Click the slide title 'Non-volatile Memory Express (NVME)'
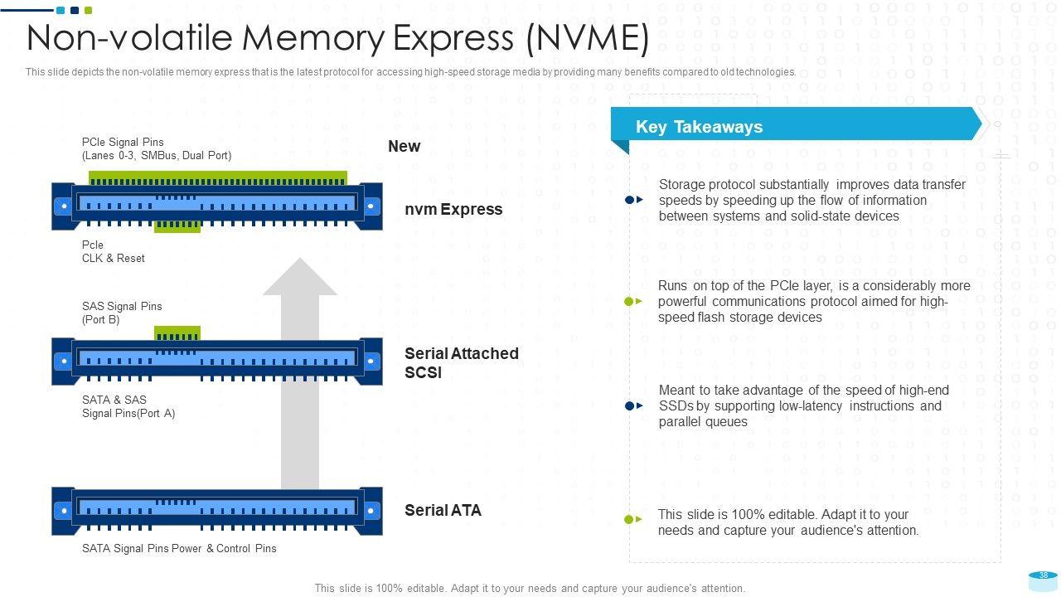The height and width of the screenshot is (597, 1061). pyautogui.click(x=337, y=38)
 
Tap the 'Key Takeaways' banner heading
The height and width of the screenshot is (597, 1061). pyautogui.click(x=699, y=127)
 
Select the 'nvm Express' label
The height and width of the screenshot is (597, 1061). pyautogui.click(x=453, y=209)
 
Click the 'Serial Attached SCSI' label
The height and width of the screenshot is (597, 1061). pyautogui.click(x=461, y=363)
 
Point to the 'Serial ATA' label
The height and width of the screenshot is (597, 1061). pyautogui.click(x=443, y=510)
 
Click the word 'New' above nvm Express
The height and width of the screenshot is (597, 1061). pyautogui.click(x=404, y=146)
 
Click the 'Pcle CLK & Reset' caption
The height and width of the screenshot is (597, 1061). pyautogui.click(x=113, y=251)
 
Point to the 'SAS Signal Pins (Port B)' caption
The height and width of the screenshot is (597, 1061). pyautogui.click(x=122, y=313)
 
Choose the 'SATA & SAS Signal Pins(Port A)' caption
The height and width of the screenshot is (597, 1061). pyautogui.click(x=128, y=406)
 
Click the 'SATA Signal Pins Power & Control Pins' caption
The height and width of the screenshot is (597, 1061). pyautogui.click(x=179, y=548)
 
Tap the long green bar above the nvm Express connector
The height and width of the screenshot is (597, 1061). pyautogui.click(x=217, y=177)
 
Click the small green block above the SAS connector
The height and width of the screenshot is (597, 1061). pyautogui.click(x=177, y=332)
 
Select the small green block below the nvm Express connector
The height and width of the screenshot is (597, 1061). pyautogui.click(x=177, y=226)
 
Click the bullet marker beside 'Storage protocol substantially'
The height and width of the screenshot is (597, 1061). pyautogui.click(x=633, y=200)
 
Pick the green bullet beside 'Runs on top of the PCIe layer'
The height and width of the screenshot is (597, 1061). pyautogui.click(x=633, y=301)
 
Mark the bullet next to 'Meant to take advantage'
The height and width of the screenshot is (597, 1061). pyautogui.click(x=633, y=405)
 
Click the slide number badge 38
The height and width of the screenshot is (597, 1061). pyautogui.click(x=1044, y=576)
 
